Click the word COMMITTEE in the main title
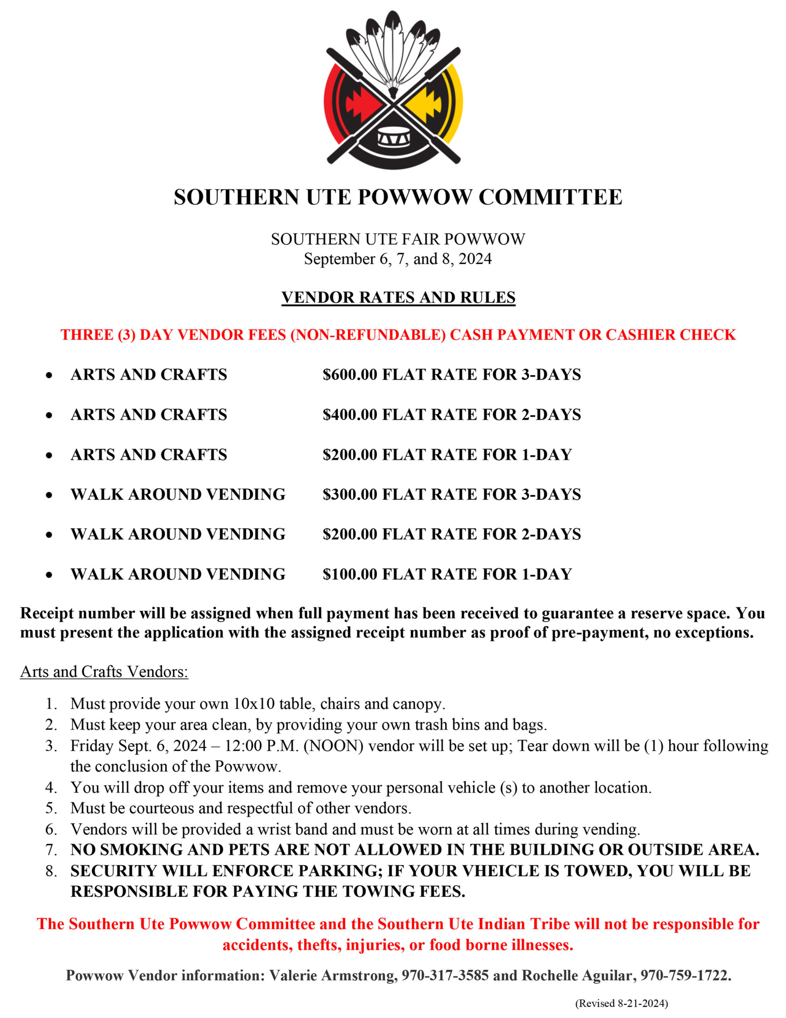click(x=550, y=197)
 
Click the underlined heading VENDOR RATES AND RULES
click(x=398, y=297)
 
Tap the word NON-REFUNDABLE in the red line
click(x=368, y=335)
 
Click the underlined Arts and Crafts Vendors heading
click(x=104, y=672)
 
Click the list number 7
click(x=51, y=850)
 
